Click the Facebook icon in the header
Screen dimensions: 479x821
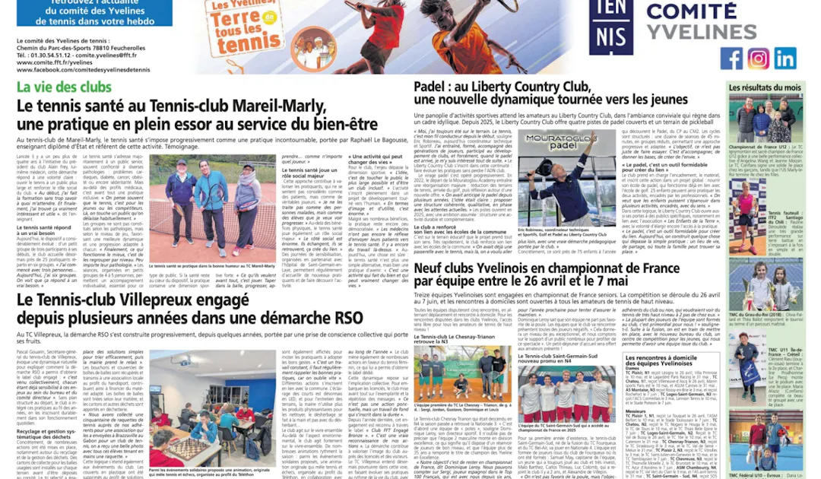coord(731,59)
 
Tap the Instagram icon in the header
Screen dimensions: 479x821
coord(758,59)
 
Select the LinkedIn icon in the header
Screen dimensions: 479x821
coord(785,59)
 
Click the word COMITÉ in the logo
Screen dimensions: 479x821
coord(692,11)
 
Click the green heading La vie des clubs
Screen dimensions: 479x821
coord(64,87)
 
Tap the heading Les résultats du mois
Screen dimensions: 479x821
coord(765,88)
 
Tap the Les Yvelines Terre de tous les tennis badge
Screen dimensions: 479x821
coord(244,30)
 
